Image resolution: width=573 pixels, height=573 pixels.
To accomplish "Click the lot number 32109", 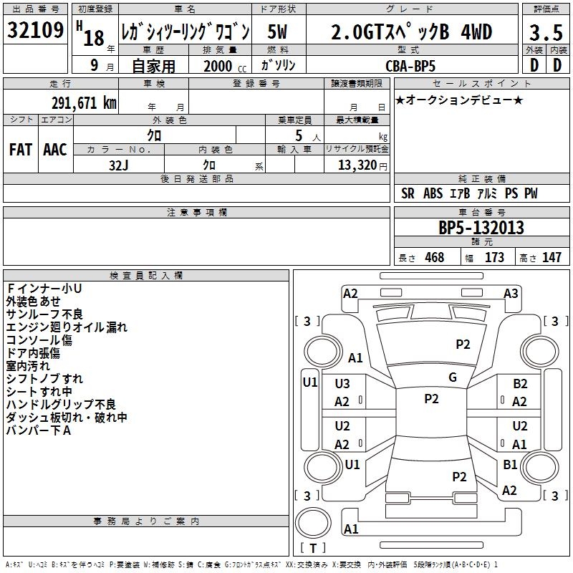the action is click(35, 32).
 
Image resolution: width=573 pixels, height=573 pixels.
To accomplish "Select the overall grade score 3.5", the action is click(544, 33).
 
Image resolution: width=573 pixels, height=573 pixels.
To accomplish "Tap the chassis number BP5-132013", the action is click(481, 228).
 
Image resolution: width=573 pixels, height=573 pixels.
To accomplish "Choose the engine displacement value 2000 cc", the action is click(222, 65).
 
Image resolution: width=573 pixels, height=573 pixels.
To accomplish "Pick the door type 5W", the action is click(279, 32).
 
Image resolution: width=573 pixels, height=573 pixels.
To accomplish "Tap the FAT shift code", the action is click(20, 149).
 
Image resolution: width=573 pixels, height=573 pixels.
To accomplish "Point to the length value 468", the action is click(434, 258).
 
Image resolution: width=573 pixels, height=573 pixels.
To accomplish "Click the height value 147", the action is click(552, 258).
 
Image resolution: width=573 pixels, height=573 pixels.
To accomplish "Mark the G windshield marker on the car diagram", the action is click(453, 377).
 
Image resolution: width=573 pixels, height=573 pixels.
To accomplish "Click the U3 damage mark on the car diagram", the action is click(342, 384).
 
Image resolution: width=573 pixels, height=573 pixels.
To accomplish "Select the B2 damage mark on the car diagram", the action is click(520, 384).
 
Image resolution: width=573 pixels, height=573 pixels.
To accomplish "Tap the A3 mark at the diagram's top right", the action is click(511, 293).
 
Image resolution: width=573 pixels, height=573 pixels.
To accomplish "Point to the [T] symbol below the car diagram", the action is click(312, 548).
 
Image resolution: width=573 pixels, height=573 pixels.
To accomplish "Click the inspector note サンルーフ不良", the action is click(44, 314).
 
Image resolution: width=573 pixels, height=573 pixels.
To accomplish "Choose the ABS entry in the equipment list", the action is click(433, 193).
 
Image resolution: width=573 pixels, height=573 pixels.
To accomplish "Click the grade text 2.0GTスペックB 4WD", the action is click(412, 32).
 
